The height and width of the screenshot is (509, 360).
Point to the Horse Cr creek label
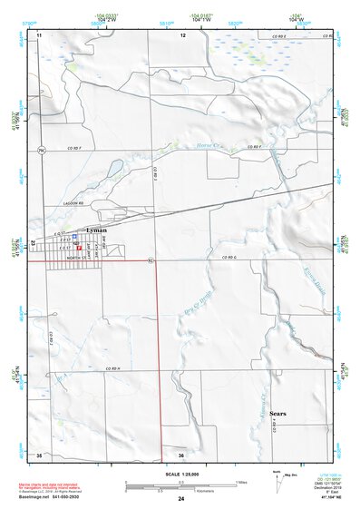point(210,146)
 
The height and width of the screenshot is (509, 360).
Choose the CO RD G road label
point(240,259)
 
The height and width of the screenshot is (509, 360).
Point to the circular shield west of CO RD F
point(41,148)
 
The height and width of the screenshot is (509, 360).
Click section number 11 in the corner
point(40,34)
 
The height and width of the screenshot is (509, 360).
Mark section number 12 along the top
point(182,34)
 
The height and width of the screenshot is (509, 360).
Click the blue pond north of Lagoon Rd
point(114,168)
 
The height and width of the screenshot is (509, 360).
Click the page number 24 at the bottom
point(181,499)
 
